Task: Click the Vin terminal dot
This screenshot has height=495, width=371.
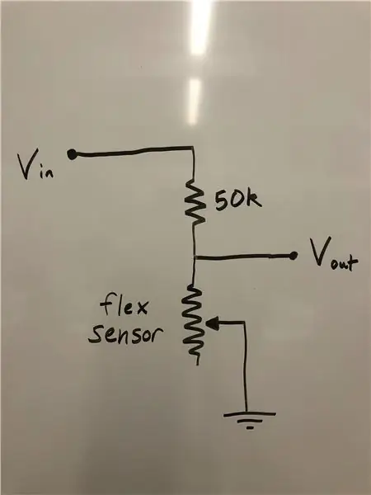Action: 72,154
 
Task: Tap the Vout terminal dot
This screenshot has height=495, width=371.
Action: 294,255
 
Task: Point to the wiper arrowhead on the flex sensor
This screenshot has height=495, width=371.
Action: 213,323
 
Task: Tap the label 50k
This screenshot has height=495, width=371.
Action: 238,200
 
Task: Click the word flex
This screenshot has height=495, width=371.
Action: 124,304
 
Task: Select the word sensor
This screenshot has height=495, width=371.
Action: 125,335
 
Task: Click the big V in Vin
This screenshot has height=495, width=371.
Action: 28,163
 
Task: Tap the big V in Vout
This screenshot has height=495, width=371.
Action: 321,252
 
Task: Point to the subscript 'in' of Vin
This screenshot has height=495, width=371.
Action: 47,172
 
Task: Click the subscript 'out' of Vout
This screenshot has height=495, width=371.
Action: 344,265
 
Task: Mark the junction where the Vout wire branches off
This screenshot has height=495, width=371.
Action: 195,257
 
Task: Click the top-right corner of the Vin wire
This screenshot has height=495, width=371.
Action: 193,147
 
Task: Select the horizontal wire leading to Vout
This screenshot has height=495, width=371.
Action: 243,257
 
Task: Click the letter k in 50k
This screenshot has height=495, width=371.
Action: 254,200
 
